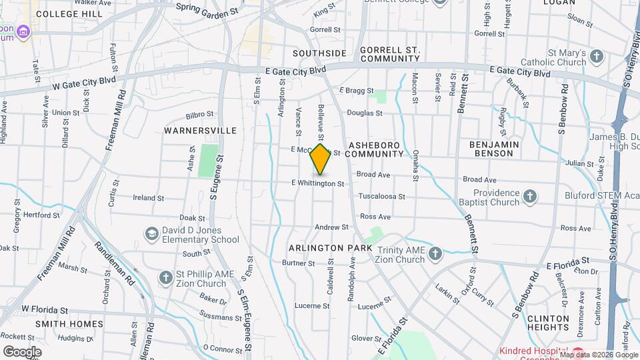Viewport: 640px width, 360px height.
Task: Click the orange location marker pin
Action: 321,159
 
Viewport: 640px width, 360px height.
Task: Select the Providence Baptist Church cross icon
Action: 530,196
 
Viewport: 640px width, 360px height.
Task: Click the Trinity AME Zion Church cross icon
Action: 435,253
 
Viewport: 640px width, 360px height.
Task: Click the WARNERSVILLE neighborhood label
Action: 202,131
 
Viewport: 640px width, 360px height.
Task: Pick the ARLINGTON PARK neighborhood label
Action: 330,248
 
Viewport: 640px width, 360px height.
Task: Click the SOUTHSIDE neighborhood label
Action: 319,53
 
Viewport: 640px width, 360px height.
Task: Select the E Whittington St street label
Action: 317,183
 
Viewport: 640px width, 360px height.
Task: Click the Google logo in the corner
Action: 22,352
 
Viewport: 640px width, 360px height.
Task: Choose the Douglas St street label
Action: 364,113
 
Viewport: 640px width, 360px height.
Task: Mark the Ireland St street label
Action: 148,198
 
